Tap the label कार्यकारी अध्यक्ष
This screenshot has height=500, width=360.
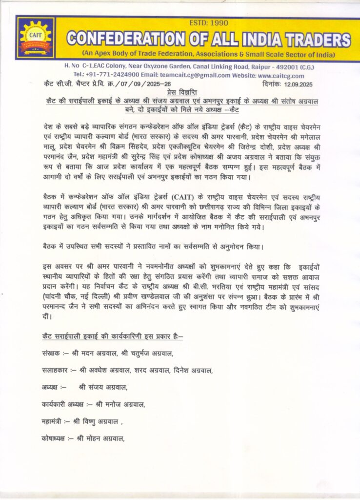(63, 404)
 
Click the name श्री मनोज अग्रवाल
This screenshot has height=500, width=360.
(121, 404)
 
